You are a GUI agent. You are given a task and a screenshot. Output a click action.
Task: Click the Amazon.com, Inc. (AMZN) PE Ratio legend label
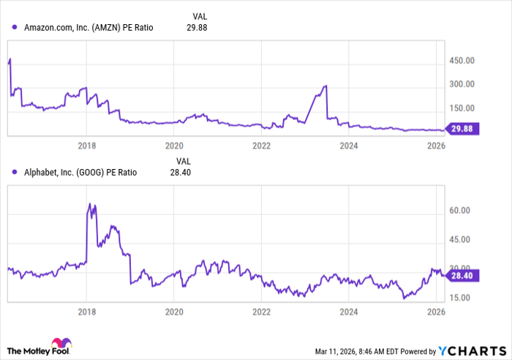89,28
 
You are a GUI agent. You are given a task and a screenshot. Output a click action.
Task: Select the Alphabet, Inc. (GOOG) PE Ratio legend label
80,173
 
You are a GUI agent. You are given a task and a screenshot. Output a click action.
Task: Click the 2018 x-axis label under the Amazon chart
87,145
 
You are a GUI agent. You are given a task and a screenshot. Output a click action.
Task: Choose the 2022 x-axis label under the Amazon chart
261,145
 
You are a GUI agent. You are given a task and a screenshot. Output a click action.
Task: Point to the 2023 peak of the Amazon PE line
325,86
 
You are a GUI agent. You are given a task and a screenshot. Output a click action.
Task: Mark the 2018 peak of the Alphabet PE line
89,203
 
